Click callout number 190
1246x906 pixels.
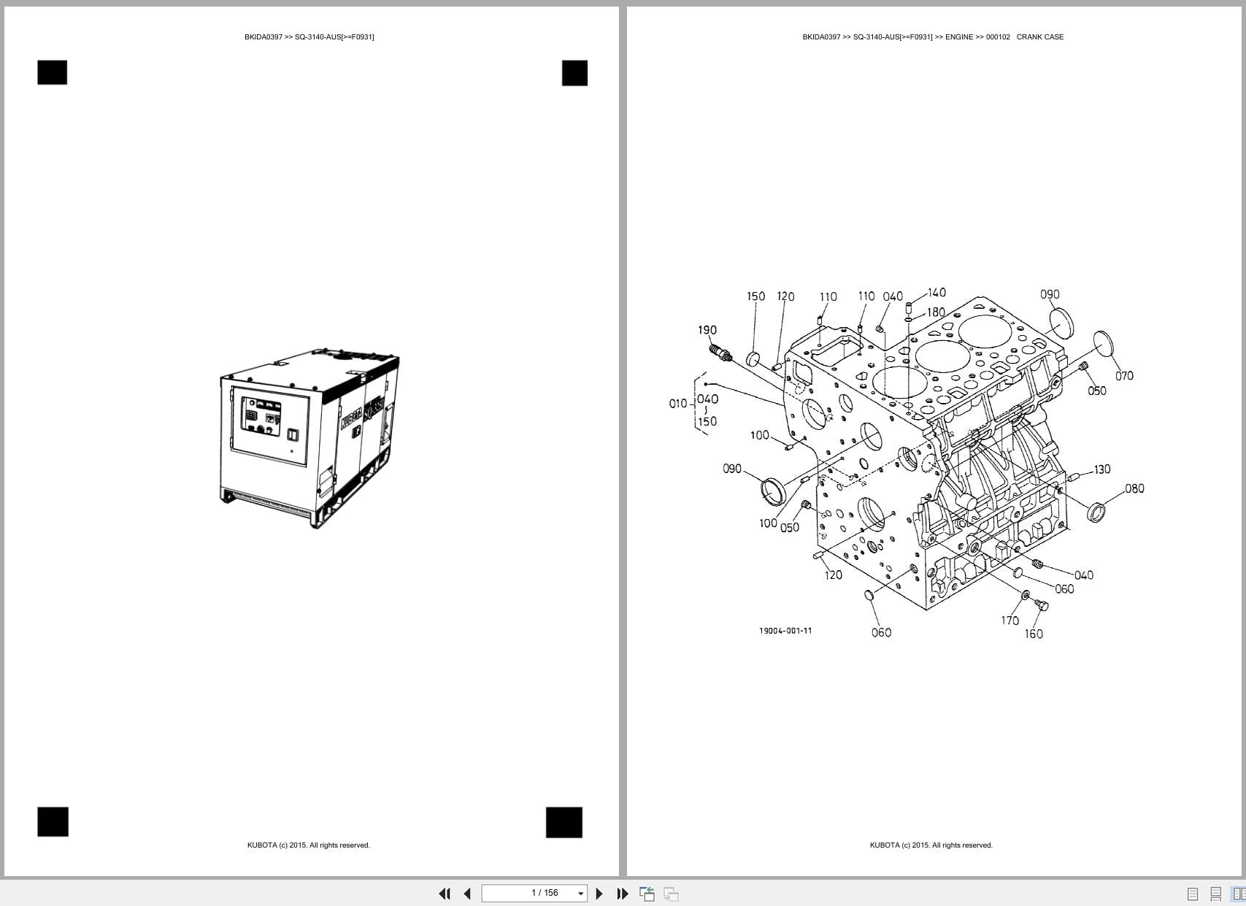[707, 330]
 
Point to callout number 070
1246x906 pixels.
[1124, 376]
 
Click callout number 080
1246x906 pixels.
[1134, 488]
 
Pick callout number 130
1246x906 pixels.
[1101, 469]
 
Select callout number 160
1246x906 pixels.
[1034, 634]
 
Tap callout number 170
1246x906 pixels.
[1010, 621]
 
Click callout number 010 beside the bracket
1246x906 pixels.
[677, 404]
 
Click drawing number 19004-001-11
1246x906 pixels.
[785, 631]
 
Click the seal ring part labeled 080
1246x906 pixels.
[1096, 512]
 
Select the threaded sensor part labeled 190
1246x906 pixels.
[722, 353]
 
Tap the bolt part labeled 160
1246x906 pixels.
[1042, 604]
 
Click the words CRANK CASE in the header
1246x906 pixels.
[1039, 37]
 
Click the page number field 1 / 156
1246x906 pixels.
[545, 893]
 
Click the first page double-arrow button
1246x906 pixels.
[444, 894]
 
